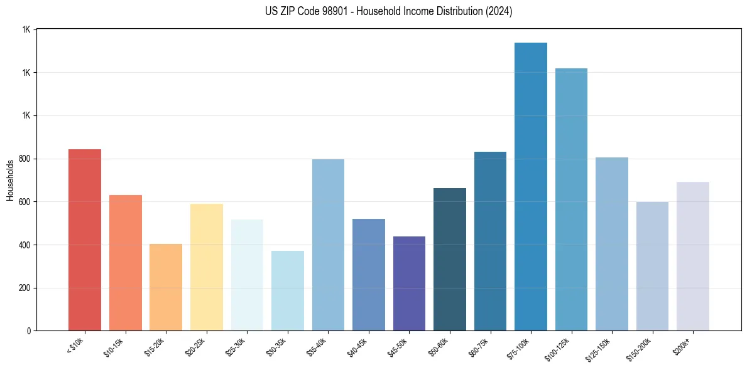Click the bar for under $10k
tap(85, 240)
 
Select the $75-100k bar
tap(531, 187)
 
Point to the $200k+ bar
tap(693, 256)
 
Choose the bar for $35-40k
tap(328, 245)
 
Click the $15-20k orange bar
tap(166, 287)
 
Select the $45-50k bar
tap(409, 283)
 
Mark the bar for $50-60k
tap(450, 260)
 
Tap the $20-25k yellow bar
tap(207, 267)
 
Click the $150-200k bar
tap(652, 267)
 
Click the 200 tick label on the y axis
tap(25, 288)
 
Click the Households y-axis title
tap(10, 180)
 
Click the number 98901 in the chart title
tap(324, 11)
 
